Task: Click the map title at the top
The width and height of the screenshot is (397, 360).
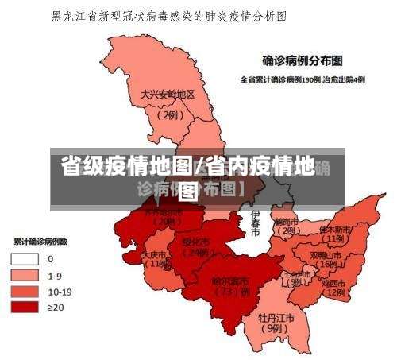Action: click(168, 15)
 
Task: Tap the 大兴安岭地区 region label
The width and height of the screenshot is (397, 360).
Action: click(168, 94)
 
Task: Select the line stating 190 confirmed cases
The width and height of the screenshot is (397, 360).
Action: click(303, 79)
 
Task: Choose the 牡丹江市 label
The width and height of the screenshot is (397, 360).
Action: click(276, 317)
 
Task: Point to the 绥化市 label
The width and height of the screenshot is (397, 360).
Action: click(195, 242)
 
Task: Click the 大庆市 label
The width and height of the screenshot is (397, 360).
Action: click(156, 255)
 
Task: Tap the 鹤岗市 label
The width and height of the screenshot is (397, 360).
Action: click(286, 221)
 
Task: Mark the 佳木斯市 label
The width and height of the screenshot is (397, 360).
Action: click(334, 229)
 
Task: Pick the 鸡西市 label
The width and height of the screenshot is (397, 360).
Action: click(333, 282)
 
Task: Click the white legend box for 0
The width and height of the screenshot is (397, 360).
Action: click(24, 258)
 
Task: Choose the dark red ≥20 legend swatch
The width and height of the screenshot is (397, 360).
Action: click(24, 306)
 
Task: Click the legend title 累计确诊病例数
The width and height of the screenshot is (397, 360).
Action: click(40, 241)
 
